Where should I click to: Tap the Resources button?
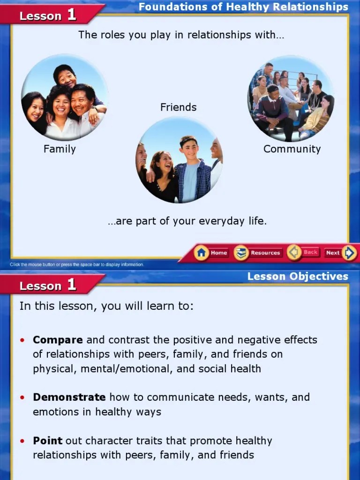pos(258,253)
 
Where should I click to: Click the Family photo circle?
pos(64,97)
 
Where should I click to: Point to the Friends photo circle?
pos(179,160)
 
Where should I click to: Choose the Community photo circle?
pos(291,98)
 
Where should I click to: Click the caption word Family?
pos(60,149)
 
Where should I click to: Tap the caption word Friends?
pos(178,107)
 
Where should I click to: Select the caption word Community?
pos(292,149)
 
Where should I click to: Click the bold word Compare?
pos(58,340)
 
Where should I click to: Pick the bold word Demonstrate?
pos(69,397)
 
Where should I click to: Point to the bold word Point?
pos(47,441)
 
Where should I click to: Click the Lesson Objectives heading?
pos(298,276)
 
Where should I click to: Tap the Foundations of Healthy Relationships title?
pos(243,7)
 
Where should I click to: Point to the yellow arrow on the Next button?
pos(349,253)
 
